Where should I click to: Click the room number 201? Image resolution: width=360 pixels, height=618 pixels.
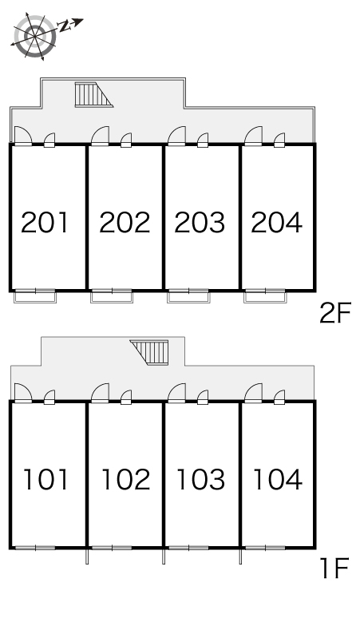tap(45, 222)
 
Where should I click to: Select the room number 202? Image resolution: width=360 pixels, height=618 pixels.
tap(125, 222)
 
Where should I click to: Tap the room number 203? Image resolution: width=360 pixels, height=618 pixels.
tap(200, 222)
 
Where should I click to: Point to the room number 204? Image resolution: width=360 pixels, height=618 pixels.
tap(276, 222)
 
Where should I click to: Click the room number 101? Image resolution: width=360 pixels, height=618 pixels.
tap(46, 479)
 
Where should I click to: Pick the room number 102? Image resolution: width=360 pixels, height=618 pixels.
tap(126, 479)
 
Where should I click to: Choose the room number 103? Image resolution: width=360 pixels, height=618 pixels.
tap(201, 479)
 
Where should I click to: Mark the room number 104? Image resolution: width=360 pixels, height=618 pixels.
tap(278, 479)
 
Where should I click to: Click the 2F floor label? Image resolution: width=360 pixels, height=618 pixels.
tap(334, 313)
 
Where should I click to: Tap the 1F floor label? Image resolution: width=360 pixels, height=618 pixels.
tap(335, 568)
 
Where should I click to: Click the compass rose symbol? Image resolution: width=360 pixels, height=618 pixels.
tap(34, 37)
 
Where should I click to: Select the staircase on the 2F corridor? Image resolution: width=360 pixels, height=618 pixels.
tap(93, 94)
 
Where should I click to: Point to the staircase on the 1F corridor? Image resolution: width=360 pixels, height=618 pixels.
tap(149, 352)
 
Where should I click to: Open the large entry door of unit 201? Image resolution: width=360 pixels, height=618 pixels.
tap(23, 136)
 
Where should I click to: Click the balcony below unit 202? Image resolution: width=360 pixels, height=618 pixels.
tap(112, 296)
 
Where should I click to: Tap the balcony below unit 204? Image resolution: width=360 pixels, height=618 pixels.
tap(265, 296)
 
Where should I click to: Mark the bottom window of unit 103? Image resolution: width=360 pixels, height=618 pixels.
tap(188, 548)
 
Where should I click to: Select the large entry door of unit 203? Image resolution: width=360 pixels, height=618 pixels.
tap(176, 136)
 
